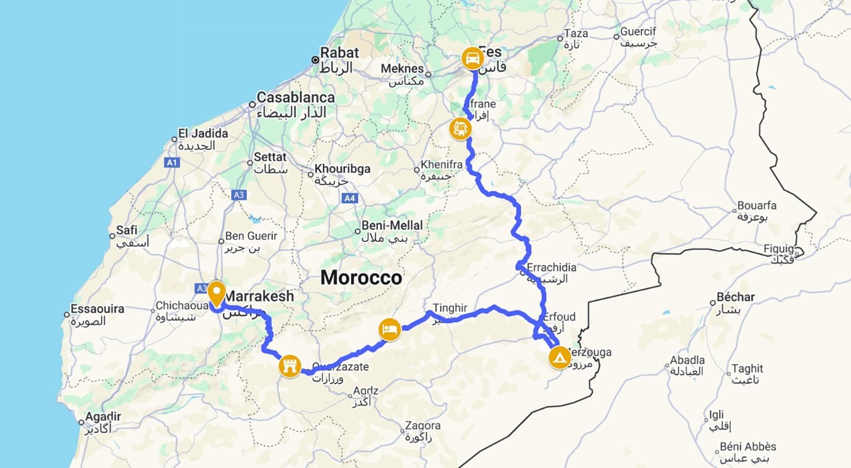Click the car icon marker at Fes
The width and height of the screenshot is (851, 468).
[x=473, y=59]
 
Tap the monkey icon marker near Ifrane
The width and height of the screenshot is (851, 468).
[x=460, y=129]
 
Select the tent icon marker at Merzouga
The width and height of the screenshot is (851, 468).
[x=559, y=358]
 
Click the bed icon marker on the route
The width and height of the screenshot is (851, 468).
[x=389, y=329]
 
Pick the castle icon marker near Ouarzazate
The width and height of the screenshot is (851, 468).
[x=290, y=366]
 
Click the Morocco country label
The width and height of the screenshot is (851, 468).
[x=361, y=278]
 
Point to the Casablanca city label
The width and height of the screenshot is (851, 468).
[x=295, y=97]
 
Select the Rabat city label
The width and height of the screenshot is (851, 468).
[x=340, y=53]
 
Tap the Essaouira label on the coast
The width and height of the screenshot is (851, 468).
[x=97, y=309]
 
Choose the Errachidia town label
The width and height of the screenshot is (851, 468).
[x=551, y=267]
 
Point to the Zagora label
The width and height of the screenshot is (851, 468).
[x=422, y=426]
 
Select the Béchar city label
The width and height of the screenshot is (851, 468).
[x=735, y=297]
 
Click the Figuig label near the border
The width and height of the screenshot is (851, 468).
[x=778, y=249]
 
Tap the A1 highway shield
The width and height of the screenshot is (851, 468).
[x=172, y=162]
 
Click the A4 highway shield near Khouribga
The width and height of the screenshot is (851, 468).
[x=349, y=198]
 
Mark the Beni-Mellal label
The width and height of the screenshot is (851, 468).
[x=392, y=226]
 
